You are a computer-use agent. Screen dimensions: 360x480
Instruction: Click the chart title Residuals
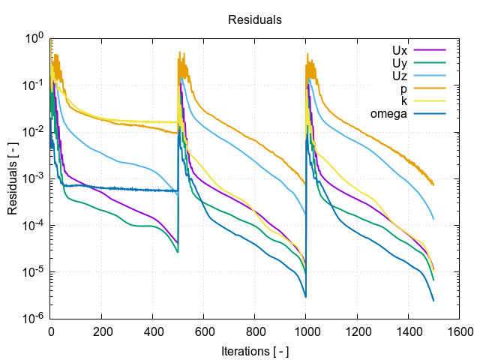click(255, 20)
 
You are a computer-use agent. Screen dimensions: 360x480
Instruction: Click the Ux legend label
click(399, 50)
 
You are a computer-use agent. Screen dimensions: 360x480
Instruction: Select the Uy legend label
click(399, 63)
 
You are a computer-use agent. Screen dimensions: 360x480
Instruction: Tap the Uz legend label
click(399, 76)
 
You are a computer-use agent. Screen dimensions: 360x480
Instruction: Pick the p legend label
click(403, 88)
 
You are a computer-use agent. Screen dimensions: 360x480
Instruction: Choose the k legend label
click(404, 101)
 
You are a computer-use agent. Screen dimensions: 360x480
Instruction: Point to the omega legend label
click(388, 114)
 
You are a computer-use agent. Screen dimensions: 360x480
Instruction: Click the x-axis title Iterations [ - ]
click(255, 350)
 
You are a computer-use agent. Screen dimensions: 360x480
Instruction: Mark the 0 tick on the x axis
click(51, 330)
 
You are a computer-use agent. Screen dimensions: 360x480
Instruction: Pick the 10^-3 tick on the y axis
click(34, 178)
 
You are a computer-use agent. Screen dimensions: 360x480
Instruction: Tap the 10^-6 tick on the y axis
click(34, 319)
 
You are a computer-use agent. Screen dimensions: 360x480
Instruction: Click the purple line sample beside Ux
click(430, 50)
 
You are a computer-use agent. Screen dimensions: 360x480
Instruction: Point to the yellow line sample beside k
click(430, 101)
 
